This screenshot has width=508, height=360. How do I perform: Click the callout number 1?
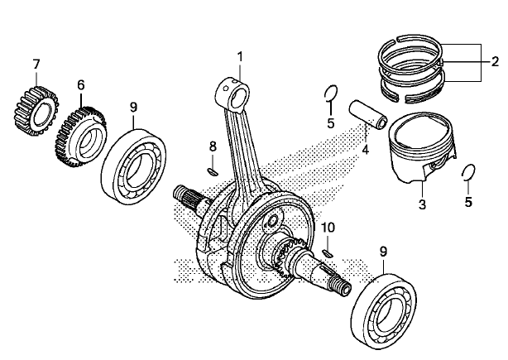(240, 56)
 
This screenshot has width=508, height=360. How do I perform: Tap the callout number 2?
(495, 61)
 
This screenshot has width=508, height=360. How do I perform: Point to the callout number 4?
(364, 150)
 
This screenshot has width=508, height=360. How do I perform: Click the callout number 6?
(81, 84)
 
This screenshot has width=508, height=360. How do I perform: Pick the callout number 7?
(36, 64)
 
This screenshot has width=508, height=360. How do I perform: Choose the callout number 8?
(212, 146)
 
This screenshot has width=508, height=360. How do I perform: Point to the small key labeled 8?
(211, 170)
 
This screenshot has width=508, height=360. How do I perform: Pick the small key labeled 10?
(328, 251)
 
